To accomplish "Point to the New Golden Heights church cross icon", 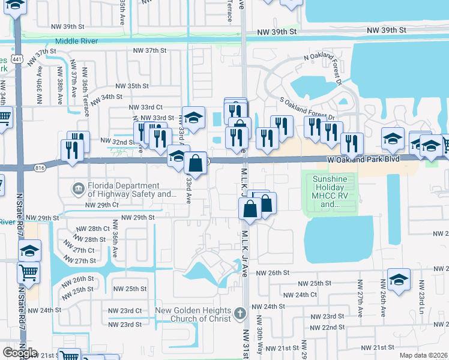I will [240, 314].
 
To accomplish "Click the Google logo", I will [20, 353].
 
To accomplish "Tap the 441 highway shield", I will [17, 59].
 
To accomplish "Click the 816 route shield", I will [40, 167].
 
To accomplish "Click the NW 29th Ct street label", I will [101, 205].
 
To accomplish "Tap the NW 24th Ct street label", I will [300, 295].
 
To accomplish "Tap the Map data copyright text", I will [423, 355].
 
